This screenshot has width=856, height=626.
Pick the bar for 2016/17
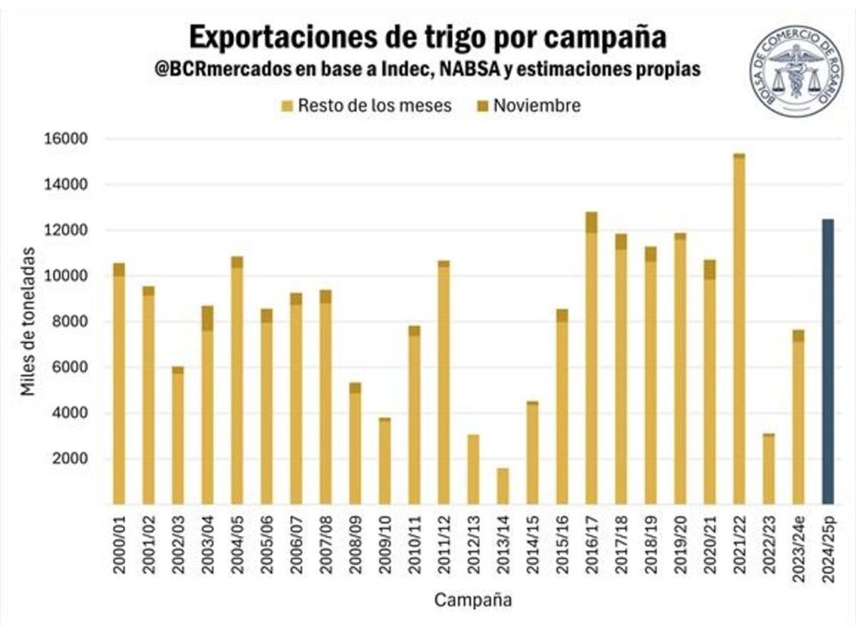click(x=591, y=358)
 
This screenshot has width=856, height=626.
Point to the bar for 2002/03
click(x=178, y=435)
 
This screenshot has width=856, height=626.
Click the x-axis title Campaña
click(x=473, y=599)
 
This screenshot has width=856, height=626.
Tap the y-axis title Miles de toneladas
click(x=29, y=322)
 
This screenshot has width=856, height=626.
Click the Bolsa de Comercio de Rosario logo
click(x=796, y=71)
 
